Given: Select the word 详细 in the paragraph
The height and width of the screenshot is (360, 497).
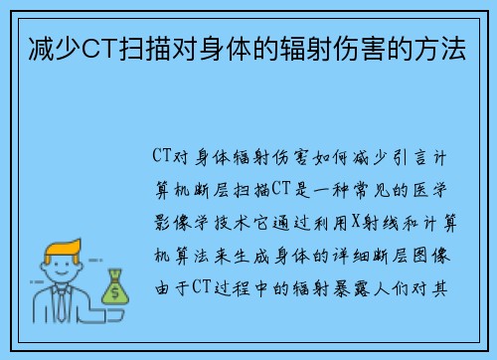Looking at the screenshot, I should tap(348, 256).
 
